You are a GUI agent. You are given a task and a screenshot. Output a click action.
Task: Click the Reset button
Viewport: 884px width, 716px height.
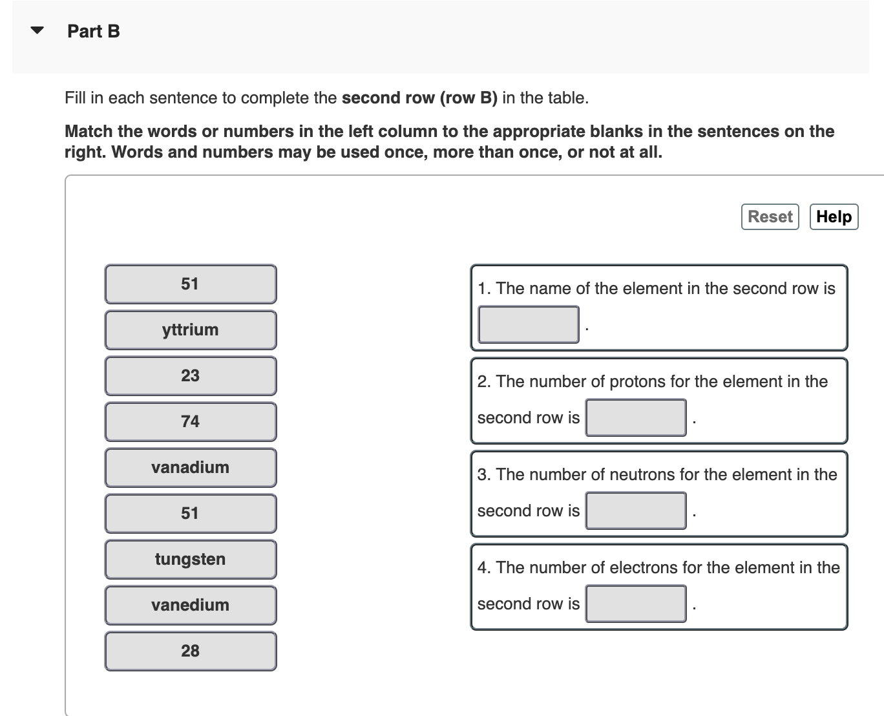(770, 216)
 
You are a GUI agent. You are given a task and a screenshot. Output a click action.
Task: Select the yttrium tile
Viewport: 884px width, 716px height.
(191, 330)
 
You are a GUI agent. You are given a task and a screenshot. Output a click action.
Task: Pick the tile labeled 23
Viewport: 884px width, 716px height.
(191, 376)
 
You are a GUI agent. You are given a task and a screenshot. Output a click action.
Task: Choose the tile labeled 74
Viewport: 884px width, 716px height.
(191, 422)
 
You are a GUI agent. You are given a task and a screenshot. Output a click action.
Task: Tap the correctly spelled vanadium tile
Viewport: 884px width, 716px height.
(191, 468)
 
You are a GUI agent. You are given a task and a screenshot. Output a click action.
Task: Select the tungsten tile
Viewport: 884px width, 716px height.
(191, 560)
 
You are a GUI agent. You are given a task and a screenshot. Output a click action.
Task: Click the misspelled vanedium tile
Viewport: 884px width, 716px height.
(191, 605)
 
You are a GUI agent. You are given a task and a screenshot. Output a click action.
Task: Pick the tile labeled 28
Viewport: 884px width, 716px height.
(191, 651)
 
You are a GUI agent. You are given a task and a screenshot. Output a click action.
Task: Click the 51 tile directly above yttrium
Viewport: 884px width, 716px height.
(191, 284)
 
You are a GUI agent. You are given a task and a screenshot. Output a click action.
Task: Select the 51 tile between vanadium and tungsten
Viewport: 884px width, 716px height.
(191, 514)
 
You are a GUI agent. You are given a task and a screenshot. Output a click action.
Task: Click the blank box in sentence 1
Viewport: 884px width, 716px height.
(528, 324)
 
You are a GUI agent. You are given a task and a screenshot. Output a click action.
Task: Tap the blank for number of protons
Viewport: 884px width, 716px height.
(636, 417)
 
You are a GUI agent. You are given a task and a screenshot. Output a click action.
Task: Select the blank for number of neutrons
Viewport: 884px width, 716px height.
(636, 511)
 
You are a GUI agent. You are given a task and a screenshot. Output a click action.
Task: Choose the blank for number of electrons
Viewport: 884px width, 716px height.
(636, 604)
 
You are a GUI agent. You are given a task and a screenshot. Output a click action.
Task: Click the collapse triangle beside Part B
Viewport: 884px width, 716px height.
(37, 30)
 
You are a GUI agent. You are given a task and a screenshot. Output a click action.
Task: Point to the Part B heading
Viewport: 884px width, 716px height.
(94, 31)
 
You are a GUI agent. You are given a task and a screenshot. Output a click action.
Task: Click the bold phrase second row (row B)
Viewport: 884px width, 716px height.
(419, 98)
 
